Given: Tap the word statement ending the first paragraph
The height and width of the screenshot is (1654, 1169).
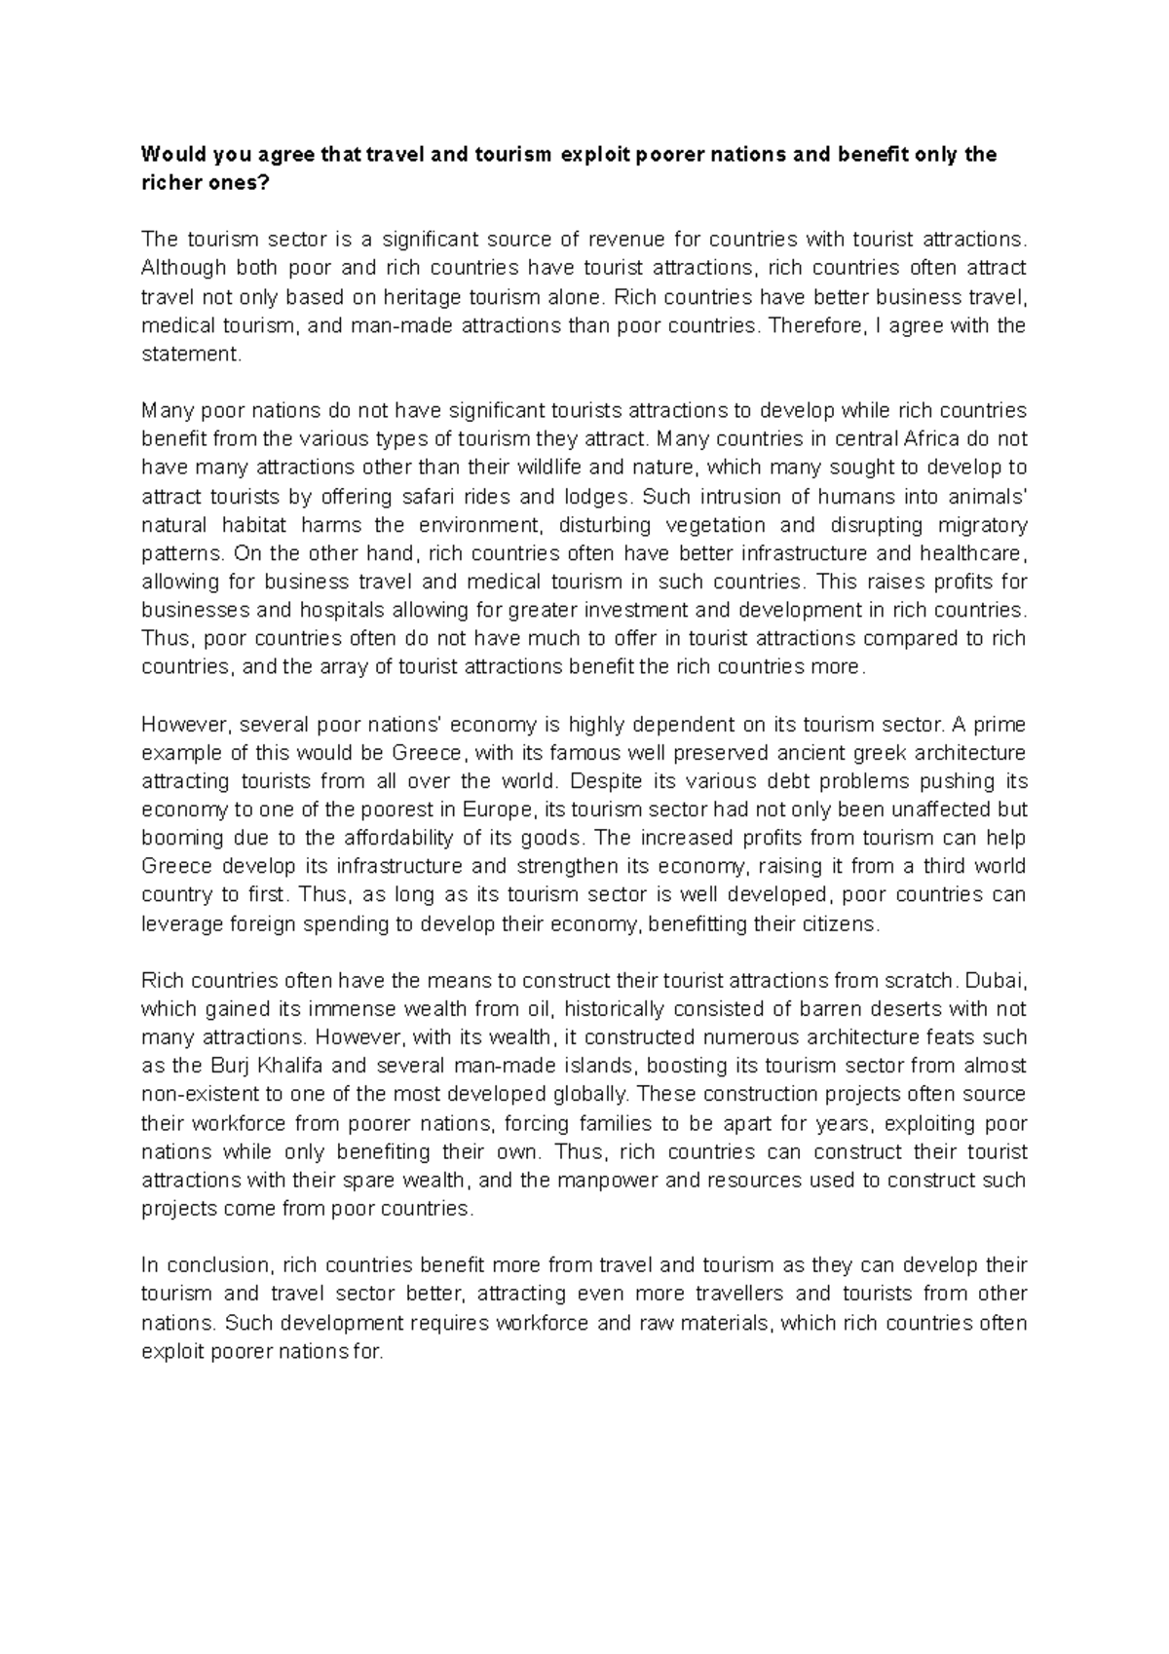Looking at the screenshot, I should (x=188, y=355).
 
